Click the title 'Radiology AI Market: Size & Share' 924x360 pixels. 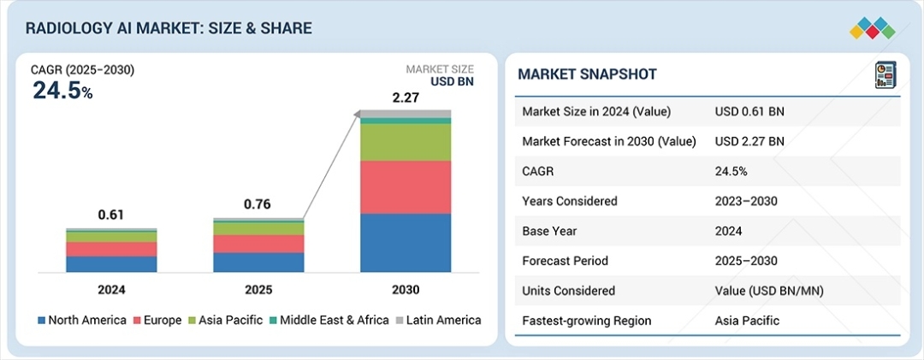[x=169, y=28]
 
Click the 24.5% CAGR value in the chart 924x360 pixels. [x=62, y=91]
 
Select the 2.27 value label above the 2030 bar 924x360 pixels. [x=406, y=98]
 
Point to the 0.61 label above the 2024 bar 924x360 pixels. [x=111, y=215]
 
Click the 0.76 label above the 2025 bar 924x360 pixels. [x=258, y=204]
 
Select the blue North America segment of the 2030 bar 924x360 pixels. [x=406, y=243]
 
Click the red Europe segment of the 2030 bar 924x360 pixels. [x=406, y=187]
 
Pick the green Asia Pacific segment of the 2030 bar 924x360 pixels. [x=406, y=143]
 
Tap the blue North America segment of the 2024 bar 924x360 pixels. [x=111, y=264]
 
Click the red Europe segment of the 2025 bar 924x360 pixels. [x=258, y=244]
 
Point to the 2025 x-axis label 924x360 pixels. [x=258, y=290]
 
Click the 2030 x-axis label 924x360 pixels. [x=406, y=290]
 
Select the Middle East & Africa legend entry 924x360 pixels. [x=329, y=320]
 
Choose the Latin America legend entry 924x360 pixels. [x=438, y=320]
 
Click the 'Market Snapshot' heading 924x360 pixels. [x=587, y=74]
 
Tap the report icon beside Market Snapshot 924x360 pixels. [x=885, y=74]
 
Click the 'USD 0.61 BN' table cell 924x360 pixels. [x=749, y=111]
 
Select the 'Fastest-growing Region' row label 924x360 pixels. [x=586, y=321]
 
